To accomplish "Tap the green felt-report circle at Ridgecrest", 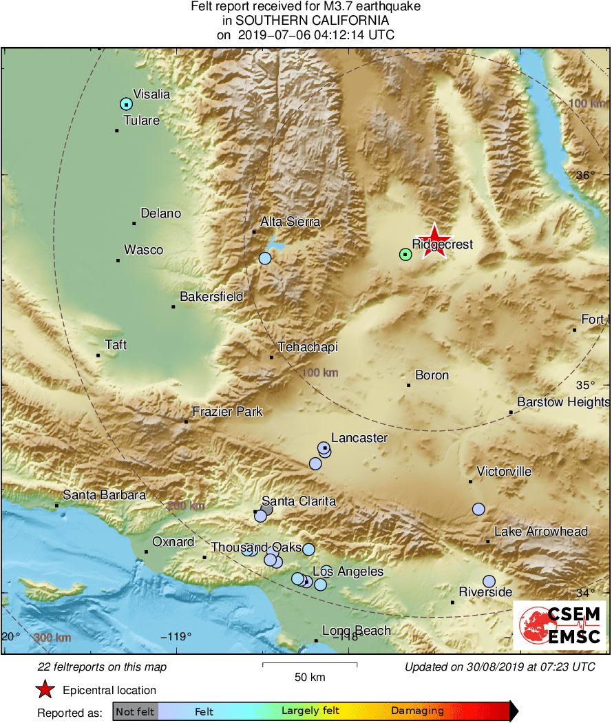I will pos(405,255).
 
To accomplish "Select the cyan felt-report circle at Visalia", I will pos(125,104).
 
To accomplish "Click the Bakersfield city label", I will pos(211,297).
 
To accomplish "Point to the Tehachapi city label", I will pos(308,348).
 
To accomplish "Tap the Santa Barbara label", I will pos(104,495).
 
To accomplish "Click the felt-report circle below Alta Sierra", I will pos(265,258).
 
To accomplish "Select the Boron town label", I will pos(432,375).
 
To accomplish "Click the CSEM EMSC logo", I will pos(559,625).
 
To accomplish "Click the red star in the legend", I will pos(45,689).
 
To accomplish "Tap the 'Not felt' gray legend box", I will pos(135,711).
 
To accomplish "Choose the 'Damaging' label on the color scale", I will pos(417,711).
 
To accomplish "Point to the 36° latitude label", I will pos(584,176).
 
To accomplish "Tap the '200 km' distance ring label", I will pos(185,506).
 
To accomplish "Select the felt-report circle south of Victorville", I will pos(478,509).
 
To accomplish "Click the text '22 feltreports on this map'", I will pos(102,667).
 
